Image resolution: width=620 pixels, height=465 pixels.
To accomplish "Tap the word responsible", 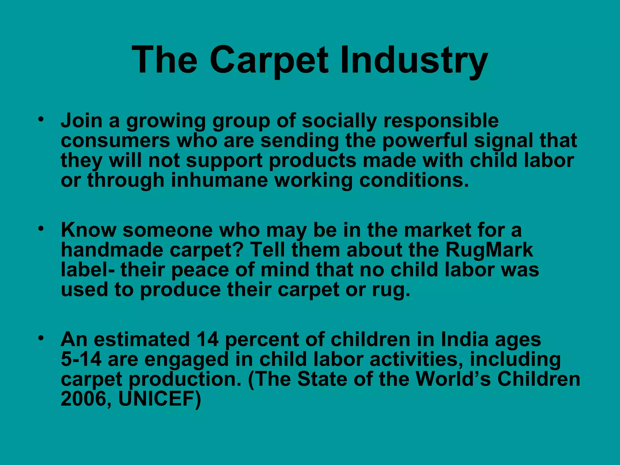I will coord(441,121).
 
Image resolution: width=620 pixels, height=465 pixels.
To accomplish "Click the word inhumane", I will coord(219,180).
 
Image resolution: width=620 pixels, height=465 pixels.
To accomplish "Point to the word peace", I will coord(200,270).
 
